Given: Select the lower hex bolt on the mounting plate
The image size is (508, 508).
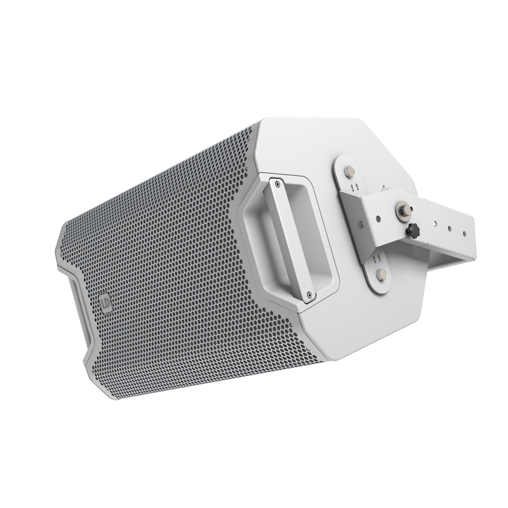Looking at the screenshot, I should tap(382, 274).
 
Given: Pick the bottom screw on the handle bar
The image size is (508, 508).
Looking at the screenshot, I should tap(308, 294).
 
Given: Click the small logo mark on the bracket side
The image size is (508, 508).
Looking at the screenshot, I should tap(359, 224).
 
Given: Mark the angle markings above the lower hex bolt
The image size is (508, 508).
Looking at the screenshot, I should tap(377, 258).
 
